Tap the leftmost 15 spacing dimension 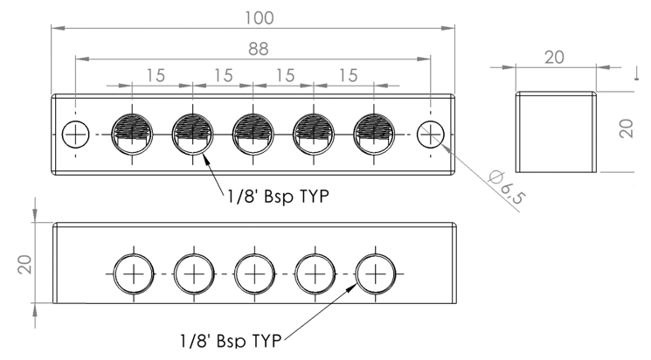155,75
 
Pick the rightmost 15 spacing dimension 349,75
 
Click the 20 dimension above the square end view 554,56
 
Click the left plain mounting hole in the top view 76,133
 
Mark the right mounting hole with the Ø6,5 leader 430,133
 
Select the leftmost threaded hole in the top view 132,133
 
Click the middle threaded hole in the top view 253,133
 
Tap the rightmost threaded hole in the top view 374,133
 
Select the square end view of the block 554,132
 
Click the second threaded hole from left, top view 192,133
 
